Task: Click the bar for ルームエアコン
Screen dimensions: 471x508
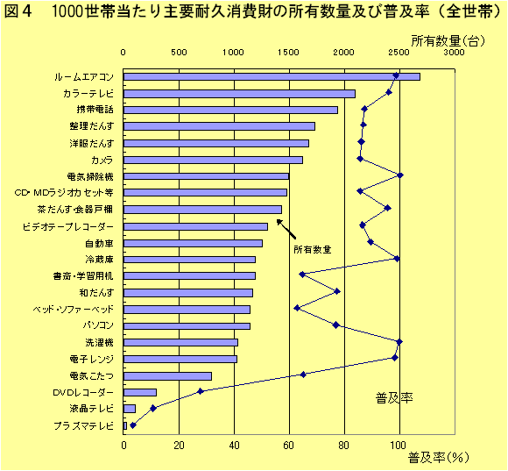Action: [272, 76]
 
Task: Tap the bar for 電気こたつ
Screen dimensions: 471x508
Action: [167, 375]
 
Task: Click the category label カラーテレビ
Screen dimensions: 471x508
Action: [88, 93]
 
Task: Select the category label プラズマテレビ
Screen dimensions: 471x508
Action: [83, 425]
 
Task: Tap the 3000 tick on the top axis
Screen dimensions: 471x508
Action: [454, 54]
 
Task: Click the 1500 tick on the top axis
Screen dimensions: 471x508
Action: [289, 54]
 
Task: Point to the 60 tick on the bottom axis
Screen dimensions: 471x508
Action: [289, 444]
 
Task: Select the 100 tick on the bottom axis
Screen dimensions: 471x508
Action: [399, 444]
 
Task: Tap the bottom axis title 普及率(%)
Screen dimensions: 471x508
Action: [440, 458]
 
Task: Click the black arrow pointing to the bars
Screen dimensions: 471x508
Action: [286, 229]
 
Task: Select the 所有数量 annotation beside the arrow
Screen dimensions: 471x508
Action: [313, 249]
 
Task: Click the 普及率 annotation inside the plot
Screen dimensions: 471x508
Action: [394, 397]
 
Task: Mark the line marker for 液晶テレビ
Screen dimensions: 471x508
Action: [153, 408]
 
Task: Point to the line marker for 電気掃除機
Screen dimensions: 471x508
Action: [400, 175]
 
